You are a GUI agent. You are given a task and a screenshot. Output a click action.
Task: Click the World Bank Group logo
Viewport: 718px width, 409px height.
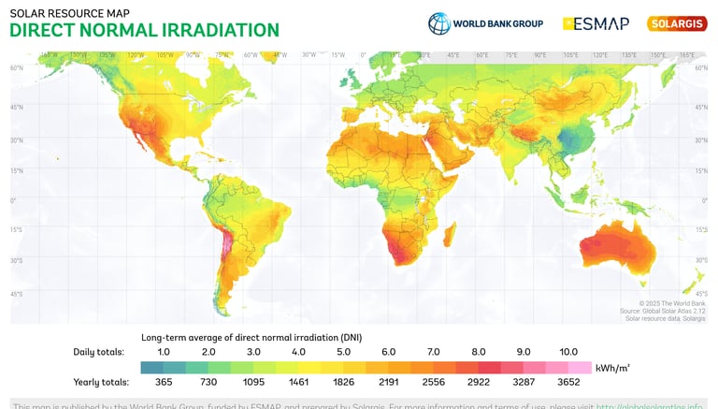[x=485, y=23]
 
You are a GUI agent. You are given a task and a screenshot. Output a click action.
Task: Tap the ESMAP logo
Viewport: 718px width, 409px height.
[x=596, y=23]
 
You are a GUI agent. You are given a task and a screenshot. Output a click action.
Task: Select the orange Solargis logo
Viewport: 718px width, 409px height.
[x=677, y=23]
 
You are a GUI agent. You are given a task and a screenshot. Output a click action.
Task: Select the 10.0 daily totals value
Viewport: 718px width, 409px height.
[x=568, y=352]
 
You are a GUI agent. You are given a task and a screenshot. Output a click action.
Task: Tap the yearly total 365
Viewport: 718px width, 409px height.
[x=163, y=382]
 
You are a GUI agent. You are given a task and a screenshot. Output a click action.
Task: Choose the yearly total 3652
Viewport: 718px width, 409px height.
[x=567, y=382]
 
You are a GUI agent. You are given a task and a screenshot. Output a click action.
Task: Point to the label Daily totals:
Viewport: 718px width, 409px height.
[x=98, y=352]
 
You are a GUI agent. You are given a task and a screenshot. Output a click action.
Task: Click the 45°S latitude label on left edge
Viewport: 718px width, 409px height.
[x=17, y=294]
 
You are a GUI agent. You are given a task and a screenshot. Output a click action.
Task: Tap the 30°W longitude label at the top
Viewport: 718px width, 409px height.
[x=308, y=54]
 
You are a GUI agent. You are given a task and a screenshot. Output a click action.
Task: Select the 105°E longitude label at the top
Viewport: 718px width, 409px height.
[x=570, y=54]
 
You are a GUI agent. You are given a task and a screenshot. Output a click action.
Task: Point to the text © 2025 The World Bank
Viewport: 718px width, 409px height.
[x=671, y=303]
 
